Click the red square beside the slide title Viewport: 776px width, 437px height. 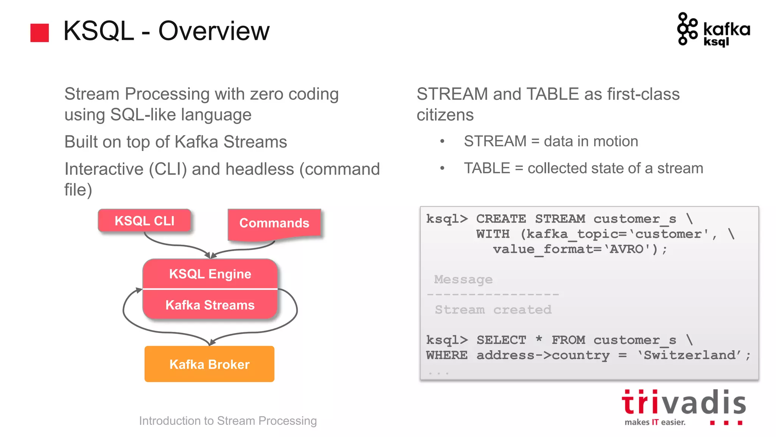pyautogui.click(x=39, y=33)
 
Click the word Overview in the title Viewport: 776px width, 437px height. pyautogui.click(x=214, y=31)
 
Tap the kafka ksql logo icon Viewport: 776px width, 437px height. pyautogui.click(x=687, y=29)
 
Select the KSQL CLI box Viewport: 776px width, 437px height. pyautogui.click(x=144, y=220)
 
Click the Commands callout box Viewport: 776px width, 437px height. pyautogui.click(x=274, y=223)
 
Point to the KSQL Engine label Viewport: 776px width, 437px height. pyautogui.click(x=210, y=274)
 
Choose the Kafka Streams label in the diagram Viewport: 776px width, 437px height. pyautogui.click(x=210, y=305)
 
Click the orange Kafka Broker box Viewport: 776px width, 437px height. pyautogui.click(x=209, y=364)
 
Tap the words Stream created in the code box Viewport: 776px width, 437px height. pyautogui.click(x=493, y=310)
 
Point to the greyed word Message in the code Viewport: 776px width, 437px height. pyautogui.click(x=463, y=280)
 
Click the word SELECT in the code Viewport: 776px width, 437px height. pyautogui.click(x=501, y=340)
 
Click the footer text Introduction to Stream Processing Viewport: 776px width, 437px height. pyautogui.click(x=228, y=421)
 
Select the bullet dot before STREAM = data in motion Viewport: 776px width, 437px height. pyautogui.click(x=442, y=141)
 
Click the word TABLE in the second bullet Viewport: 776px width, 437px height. pyautogui.click(x=487, y=168)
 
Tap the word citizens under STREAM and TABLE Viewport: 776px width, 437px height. pyautogui.click(x=445, y=115)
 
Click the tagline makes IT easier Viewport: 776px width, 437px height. pyautogui.click(x=655, y=422)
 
